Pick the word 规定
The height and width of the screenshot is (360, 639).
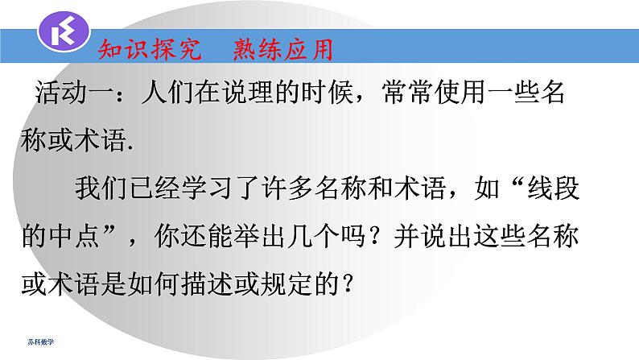(x=299, y=283)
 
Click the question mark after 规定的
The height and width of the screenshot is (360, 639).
(x=348, y=283)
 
